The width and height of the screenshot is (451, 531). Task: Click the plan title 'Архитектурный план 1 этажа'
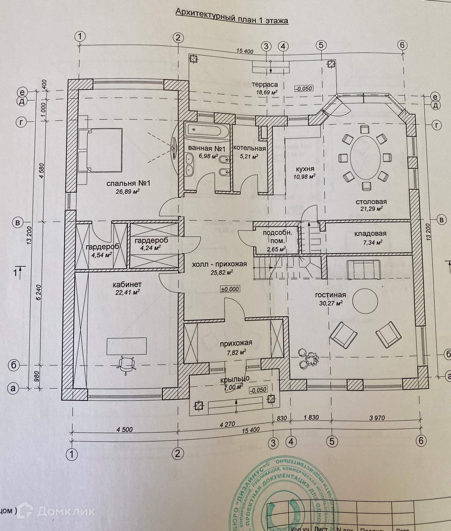pos(232,17)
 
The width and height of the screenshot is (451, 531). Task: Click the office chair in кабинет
pos(126,364)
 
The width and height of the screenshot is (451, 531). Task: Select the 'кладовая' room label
pos(370,234)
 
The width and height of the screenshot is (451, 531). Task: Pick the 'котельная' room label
pos(249,149)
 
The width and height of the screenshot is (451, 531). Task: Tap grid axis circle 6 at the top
pos(403,45)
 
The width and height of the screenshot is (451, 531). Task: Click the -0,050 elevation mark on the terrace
pos(304,88)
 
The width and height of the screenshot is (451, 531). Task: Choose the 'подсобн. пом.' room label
pos(277,237)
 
